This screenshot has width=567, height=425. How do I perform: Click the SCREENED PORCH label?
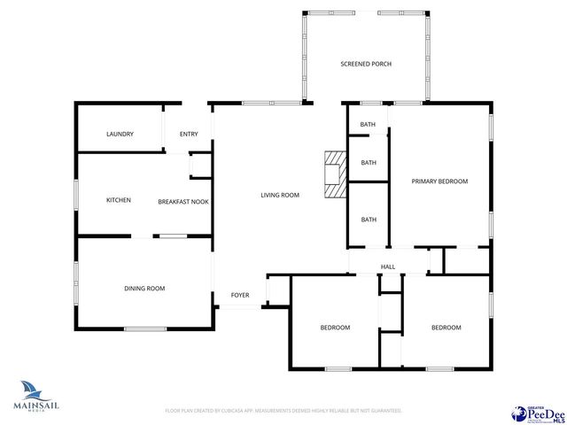click(366, 64)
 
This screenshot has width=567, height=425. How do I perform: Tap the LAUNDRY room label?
click(120, 134)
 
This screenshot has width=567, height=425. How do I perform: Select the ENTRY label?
click(189, 134)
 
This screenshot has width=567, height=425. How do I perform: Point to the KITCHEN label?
click(119, 200)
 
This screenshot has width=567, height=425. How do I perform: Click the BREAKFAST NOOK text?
click(183, 202)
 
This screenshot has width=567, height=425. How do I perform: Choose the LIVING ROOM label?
click(279, 195)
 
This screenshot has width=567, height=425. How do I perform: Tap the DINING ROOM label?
click(144, 288)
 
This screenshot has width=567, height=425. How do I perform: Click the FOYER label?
click(240, 295)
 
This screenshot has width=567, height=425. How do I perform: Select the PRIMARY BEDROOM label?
click(439, 181)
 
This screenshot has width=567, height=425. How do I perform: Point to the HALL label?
click(388, 266)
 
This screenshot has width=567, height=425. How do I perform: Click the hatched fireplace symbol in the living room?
click(334, 174)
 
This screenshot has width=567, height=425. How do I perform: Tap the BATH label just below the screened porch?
click(368, 124)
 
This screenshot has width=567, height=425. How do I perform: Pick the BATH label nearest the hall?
click(368, 219)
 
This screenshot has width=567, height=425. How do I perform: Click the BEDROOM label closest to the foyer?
click(335, 328)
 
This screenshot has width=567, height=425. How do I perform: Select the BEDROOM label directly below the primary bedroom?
click(446, 328)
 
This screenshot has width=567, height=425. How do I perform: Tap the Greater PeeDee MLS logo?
click(538, 413)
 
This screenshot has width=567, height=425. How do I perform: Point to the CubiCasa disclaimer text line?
click(283, 411)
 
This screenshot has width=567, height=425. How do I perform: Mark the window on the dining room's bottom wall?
click(145, 329)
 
